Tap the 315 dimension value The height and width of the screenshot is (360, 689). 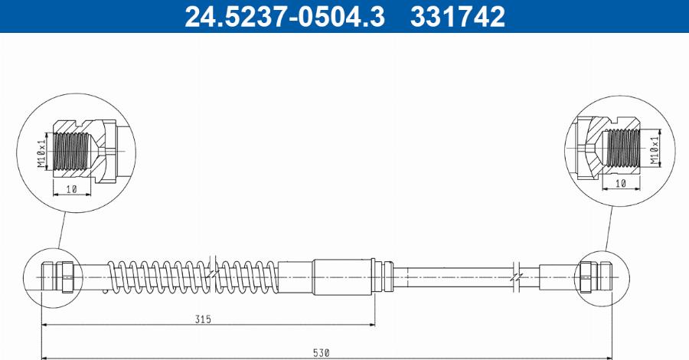point(202,318)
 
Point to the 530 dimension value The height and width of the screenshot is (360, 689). point(322,352)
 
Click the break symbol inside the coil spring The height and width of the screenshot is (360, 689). point(215,272)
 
